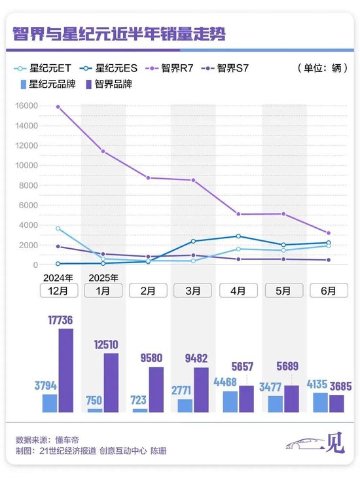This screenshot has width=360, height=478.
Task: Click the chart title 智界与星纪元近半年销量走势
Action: pyautogui.click(x=118, y=34)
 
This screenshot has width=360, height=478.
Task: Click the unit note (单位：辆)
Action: pyautogui.click(x=321, y=68)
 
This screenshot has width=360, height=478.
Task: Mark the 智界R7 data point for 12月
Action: pyautogui.click(x=58, y=107)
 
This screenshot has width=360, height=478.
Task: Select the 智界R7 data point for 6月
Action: pyautogui.click(x=329, y=233)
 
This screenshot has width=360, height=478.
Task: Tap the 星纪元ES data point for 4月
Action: pyautogui.click(x=238, y=236)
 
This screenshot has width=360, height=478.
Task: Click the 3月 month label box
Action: pyautogui.click(x=193, y=290)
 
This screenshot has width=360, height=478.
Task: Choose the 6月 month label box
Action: pyautogui.click(x=329, y=290)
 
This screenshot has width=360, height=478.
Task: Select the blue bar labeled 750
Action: pyautogui.click(x=96, y=410)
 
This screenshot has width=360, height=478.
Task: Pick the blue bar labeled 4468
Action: pyautogui.click(x=230, y=401)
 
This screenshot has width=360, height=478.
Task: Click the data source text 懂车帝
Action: pyautogui.click(x=67, y=439)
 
